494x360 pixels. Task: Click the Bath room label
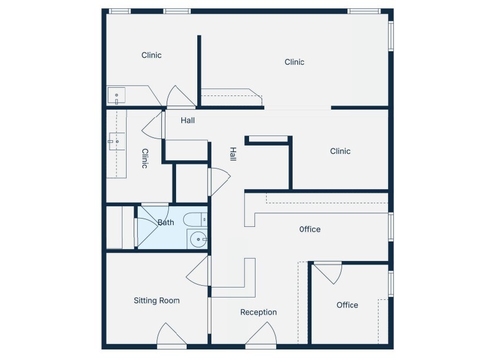tap(166, 223)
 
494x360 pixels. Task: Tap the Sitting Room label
tap(157, 300)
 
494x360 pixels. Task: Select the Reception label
tap(258, 312)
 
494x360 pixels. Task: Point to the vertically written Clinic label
tap(144, 158)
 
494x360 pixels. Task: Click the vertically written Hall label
tap(233, 155)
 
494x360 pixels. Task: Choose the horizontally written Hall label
tap(188, 120)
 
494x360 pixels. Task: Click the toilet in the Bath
tap(195, 220)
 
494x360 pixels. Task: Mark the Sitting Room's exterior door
tap(171, 336)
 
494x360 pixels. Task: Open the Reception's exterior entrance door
tap(261, 336)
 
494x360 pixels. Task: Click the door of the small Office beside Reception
tap(327, 272)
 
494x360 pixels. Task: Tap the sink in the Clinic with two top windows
tap(117, 95)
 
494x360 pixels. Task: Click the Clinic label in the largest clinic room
tap(294, 62)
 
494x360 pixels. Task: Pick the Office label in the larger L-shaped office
tap(310, 229)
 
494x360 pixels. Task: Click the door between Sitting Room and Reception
tap(199, 272)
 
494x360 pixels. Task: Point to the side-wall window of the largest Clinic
tap(390, 36)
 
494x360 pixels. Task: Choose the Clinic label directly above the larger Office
tap(340, 151)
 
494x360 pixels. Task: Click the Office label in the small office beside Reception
tap(347, 305)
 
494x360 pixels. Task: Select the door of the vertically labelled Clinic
tap(153, 124)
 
